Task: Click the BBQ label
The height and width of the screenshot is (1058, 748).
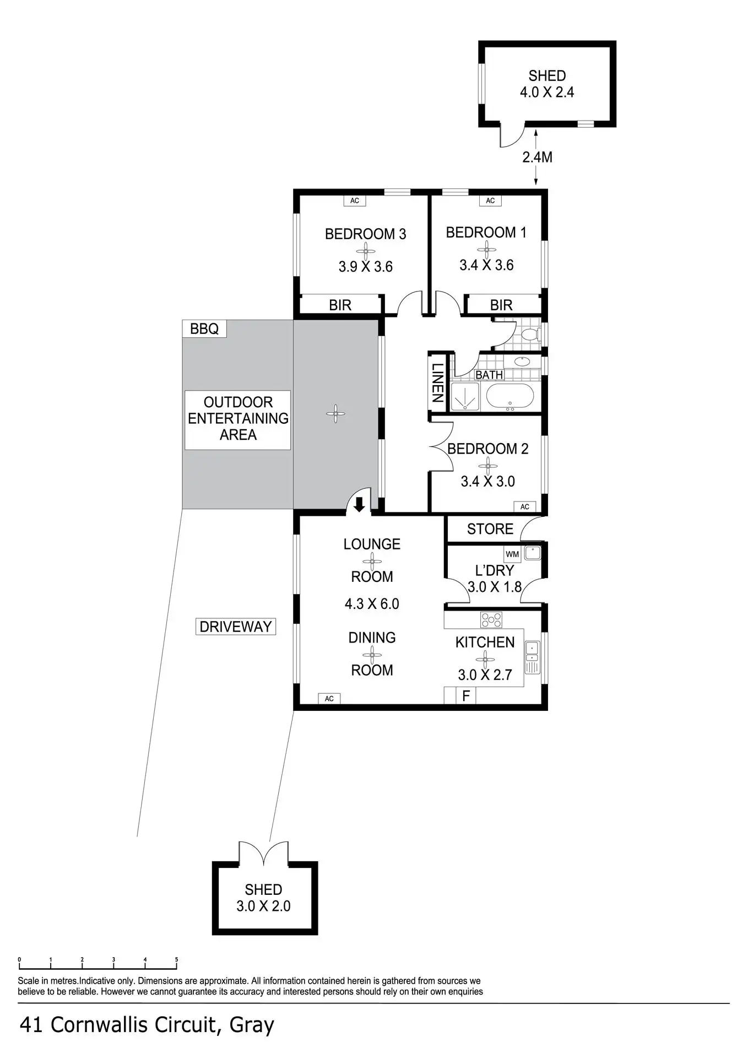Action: [204, 329]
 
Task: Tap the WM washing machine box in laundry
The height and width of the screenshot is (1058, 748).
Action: [512, 554]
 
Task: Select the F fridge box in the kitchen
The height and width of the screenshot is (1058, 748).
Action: [466, 696]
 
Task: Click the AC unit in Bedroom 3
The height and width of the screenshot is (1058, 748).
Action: [355, 201]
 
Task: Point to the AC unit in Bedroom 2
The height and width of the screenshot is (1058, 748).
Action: [524, 506]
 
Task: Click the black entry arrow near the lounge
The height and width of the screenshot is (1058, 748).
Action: [359, 504]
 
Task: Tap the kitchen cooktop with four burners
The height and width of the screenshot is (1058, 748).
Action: [491, 620]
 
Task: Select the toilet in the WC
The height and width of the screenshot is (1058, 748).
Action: [530, 334]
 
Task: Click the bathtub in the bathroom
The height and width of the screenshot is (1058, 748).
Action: [510, 397]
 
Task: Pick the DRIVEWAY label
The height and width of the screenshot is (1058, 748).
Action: [236, 627]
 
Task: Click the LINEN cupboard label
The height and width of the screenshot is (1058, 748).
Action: [438, 382]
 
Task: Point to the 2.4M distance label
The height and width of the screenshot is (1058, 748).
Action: [537, 158]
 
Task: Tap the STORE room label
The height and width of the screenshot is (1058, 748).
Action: [490, 529]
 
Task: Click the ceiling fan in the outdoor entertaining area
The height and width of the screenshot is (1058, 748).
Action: [335, 413]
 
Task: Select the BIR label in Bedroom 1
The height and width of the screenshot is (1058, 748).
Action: [501, 305]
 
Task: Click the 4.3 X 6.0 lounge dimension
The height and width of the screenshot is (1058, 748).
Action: [372, 604]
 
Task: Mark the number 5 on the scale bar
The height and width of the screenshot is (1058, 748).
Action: [176, 959]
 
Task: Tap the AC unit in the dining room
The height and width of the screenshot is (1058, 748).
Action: [329, 699]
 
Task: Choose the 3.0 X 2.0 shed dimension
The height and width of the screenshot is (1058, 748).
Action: [263, 906]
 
